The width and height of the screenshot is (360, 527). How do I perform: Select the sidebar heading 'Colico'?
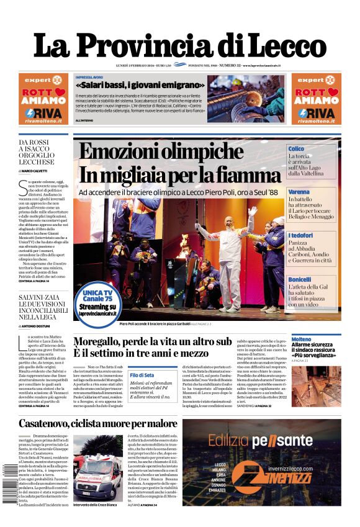click(296, 149)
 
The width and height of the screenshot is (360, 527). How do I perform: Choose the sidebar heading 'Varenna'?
click(299, 192)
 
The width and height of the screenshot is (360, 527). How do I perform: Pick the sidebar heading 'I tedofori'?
click(300, 236)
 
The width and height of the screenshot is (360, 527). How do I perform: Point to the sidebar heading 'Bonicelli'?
click(300, 279)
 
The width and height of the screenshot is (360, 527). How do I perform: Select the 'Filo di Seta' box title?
click(142, 375)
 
